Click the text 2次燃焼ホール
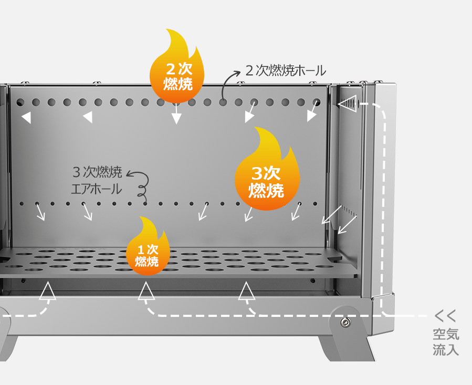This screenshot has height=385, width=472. click(286, 71)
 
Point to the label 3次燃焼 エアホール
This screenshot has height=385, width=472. click(97, 180)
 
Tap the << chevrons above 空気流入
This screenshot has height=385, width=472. click(446, 316)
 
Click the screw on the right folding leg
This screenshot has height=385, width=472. click(345, 322)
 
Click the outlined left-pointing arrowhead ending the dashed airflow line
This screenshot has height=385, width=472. click(347, 104)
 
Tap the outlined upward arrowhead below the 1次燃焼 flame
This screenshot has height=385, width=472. click(147, 291)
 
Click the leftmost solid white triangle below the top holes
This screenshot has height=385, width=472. click(26, 117)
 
